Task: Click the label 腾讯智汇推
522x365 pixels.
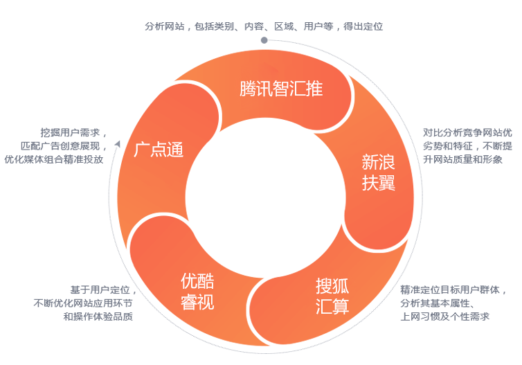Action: [281, 89]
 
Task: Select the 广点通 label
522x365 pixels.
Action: [159, 150]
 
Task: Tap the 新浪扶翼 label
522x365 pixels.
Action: [379, 173]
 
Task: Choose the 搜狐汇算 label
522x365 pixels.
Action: [332, 296]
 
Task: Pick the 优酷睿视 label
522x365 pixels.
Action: [197, 292]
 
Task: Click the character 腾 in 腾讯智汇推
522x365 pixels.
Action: [248, 89]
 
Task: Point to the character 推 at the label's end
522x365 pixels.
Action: [315, 89]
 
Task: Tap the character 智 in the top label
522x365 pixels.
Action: [281, 89]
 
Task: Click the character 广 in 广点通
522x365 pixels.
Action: [142, 150]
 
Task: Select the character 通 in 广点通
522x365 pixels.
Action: [175, 150]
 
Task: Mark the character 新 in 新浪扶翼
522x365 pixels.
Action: [370, 162]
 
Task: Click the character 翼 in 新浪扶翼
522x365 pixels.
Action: [387, 184]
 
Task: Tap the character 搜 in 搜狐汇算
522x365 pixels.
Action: [324, 285]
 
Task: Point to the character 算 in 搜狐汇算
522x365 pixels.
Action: [341, 307]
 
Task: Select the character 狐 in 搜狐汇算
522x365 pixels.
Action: [341, 285]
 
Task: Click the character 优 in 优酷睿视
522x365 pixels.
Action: [189, 281]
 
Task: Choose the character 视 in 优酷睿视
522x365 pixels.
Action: [206, 302]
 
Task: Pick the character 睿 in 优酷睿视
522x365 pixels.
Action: [189, 302]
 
